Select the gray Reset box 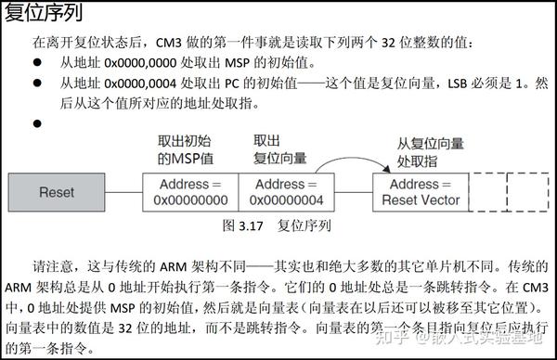click(57, 192)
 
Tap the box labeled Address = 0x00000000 click(190, 192)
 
